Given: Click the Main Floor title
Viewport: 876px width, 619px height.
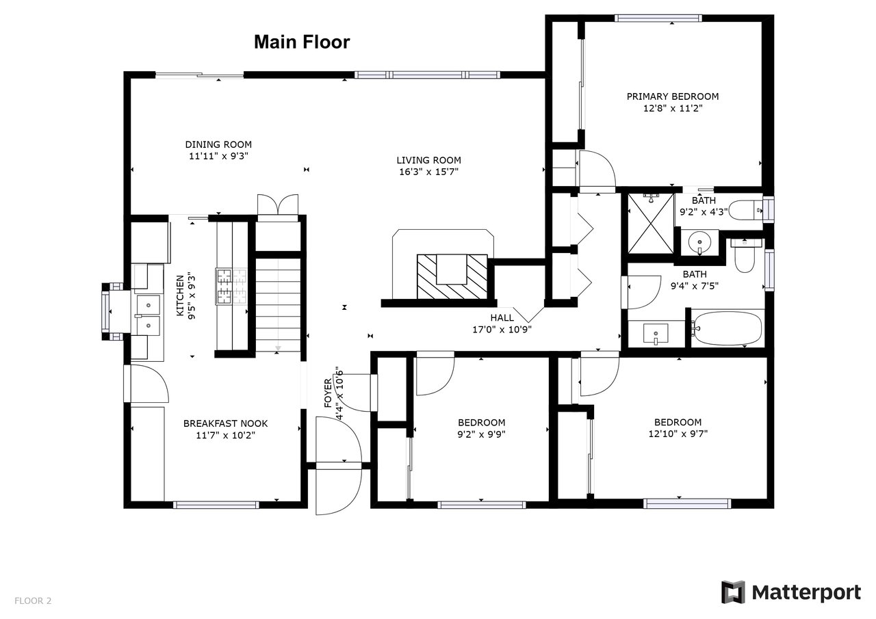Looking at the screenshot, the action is pyautogui.click(x=302, y=42).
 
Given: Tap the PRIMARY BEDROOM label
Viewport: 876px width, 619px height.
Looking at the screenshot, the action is pyautogui.click(x=673, y=96).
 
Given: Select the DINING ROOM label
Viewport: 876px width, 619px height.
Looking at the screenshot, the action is pyautogui.click(x=218, y=144).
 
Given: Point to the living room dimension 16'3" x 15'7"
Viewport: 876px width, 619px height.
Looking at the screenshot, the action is pyautogui.click(x=428, y=172).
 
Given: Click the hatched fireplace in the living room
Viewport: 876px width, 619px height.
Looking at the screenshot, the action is pyautogui.click(x=452, y=277).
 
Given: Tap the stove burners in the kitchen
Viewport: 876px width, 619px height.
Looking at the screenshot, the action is pyautogui.click(x=231, y=287).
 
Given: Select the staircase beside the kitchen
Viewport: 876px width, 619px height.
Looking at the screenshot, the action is pyautogui.click(x=278, y=305).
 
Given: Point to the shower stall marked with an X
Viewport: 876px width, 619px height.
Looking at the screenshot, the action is pyautogui.click(x=651, y=224).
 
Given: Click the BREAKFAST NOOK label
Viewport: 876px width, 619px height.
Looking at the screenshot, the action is pyautogui.click(x=226, y=423).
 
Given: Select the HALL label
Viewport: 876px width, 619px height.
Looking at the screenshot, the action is pyautogui.click(x=502, y=317).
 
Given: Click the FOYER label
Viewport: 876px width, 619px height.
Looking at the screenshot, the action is pyautogui.click(x=328, y=393).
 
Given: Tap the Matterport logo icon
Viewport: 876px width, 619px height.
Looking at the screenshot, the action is pyautogui.click(x=733, y=592).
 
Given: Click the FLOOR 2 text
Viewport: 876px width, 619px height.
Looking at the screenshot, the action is pyautogui.click(x=33, y=601).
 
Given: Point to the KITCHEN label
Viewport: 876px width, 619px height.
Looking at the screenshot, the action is pyautogui.click(x=180, y=296).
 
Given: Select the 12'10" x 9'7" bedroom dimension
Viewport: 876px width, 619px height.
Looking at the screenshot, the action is pyautogui.click(x=678, y=434).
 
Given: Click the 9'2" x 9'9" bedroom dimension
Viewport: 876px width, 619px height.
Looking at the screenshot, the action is pyautogui.click(x=481, y=434).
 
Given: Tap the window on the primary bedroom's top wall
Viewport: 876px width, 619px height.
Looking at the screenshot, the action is pyautogui.click(x=658, y=18).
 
